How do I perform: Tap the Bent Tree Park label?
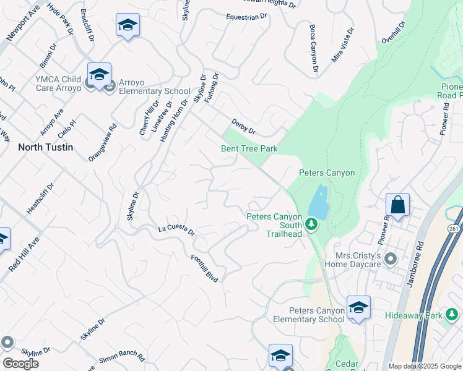point(249,149)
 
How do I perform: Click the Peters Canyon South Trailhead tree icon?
point(313,223)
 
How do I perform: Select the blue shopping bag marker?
point(397,205)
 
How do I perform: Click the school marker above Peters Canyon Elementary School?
point(358,307)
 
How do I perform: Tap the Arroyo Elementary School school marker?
point(99,75)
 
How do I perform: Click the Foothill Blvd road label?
point(205,268)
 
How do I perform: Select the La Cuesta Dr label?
point(176,231)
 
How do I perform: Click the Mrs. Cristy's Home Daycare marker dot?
point(390,258)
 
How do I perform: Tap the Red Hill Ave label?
point(23,253)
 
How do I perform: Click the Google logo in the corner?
point(21,364)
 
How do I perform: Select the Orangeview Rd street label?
point(103,143)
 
